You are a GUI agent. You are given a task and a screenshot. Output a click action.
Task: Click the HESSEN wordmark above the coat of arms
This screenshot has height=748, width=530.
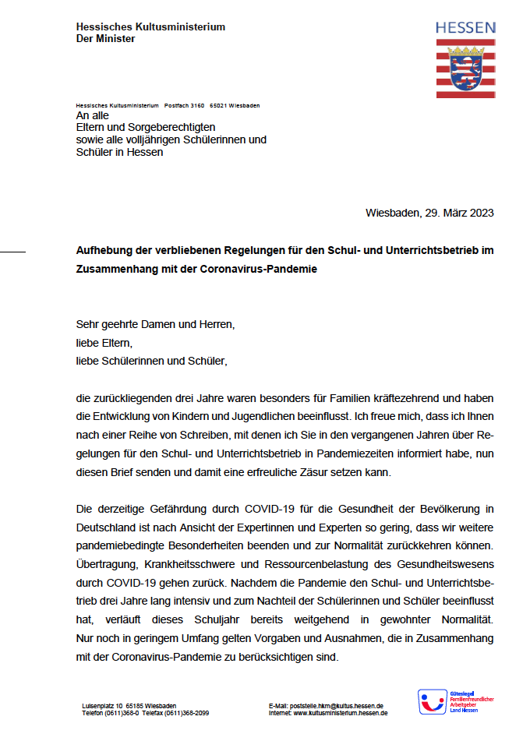(x=465, y=28)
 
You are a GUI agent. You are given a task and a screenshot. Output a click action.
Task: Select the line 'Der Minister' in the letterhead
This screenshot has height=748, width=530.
(x=105, y=39)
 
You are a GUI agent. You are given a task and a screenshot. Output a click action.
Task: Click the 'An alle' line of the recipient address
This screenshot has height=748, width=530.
(x=92, y=115)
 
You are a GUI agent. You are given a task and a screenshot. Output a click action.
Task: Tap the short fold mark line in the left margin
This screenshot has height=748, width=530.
(x=12, y=251)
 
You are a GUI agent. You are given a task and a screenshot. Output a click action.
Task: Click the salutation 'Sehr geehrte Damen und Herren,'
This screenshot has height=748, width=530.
(x=155, y=323)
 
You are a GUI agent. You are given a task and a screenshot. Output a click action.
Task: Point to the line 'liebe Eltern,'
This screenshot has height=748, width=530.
(x=104, y=342)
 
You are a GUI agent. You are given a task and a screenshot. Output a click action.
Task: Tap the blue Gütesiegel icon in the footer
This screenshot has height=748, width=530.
(x=433, y=702)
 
